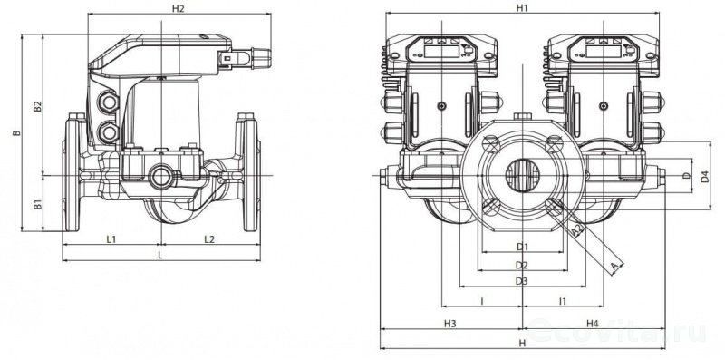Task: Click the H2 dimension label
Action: click(179, 8)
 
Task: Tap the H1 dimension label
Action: click(523, 8)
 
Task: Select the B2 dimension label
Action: click(38, 107)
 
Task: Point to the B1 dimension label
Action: click(38, 205)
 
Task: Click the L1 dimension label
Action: click(111, 239)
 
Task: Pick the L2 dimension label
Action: click(209, 239)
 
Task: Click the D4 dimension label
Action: click(705, 177)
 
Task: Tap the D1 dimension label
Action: click(523, 247)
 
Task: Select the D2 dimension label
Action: click(522, 265)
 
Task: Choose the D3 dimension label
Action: click(522, 281)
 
